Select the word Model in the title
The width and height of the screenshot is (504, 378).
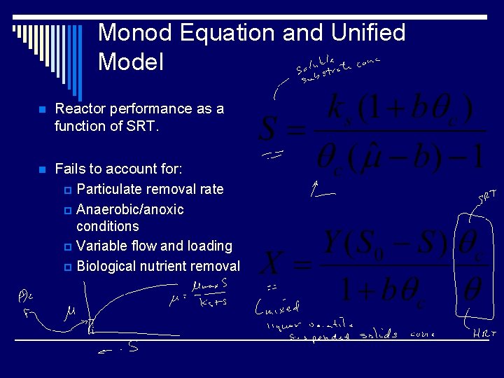(x=131, y=62)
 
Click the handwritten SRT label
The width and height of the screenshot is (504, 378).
(x=487, y=197)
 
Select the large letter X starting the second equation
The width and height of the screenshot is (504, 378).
(x=274, y=264)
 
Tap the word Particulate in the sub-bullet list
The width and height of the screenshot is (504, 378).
(x=109, y=189)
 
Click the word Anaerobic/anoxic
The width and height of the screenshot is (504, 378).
(x=130, y=209)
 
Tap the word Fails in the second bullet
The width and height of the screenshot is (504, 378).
(x=71, y=169)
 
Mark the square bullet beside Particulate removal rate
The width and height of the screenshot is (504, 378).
(x=67, y=190)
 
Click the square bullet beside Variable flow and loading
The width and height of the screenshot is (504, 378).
(x=67, y=246)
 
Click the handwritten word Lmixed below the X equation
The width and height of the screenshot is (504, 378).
(x=277, y=305)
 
